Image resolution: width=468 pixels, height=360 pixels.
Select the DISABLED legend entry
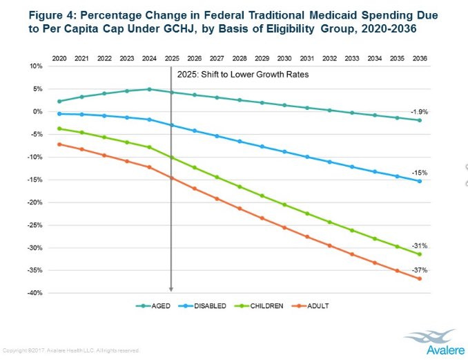pyautogui.click(x=210, y=305)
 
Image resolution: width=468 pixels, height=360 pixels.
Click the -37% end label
pyautogui.click(x=420, y=269)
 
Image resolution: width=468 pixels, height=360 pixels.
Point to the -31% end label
pyautogui.click(x=420, y=246)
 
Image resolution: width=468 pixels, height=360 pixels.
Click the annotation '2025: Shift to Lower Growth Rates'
pyautogui.click(x=242, y=73)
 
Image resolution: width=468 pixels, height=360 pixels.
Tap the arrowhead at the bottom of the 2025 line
pyautogui.click(x=171, y=290)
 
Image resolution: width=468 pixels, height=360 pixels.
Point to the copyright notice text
pyautogui.click(x=72, y=350)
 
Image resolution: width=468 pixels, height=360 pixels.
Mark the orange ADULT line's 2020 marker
pyautogui.click(x=60, y=144)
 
